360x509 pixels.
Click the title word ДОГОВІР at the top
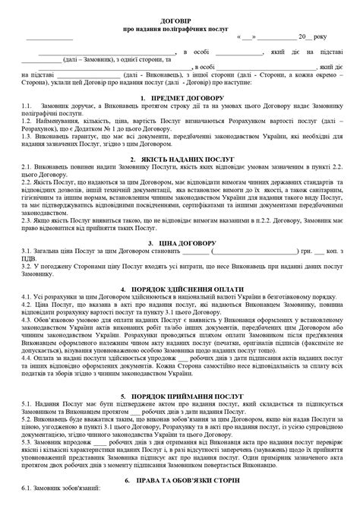tap(179, 27)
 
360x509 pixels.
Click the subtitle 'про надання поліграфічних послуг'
tap(179, 35)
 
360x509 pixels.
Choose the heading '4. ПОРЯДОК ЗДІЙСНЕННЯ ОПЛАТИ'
tap(179, 291)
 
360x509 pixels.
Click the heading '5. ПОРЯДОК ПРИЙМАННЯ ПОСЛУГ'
tap(179, 396)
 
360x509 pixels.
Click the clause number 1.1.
tap(27, 108)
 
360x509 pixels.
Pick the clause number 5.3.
tap(27, 438)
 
